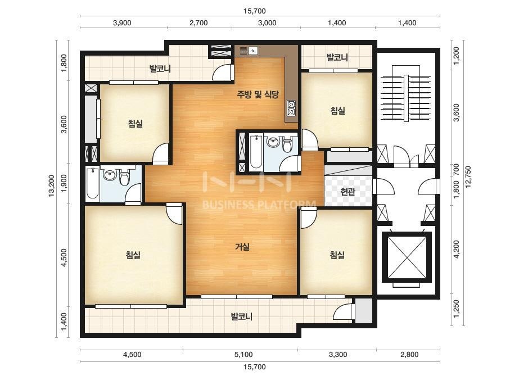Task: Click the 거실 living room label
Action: click(242, 247)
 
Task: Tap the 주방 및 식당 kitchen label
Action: click(258, 94)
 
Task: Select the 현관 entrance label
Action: click(348, 191)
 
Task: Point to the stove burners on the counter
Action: click(291, 108)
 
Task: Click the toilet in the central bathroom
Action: click(287, 144)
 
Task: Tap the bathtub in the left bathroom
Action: click(92, 183)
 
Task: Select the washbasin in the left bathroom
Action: click(110, 174)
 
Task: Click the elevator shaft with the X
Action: click(407, 257)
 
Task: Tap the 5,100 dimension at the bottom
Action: click(243, 355)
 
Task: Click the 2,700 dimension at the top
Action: click(198, 23)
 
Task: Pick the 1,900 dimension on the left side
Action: click(64, 183)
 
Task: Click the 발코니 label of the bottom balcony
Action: click(242, 316)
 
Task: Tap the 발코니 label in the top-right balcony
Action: click(337, 57)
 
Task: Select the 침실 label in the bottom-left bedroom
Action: click(133, 255)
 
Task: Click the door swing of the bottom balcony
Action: click(342, 312)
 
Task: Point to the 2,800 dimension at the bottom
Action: click(409, 355)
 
